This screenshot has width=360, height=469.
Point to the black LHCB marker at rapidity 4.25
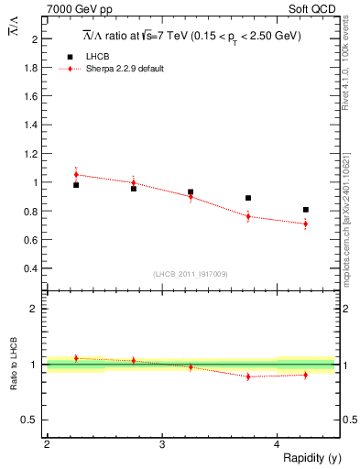click(x=305, y=210)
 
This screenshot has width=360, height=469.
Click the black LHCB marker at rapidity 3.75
click(x=248, y=198)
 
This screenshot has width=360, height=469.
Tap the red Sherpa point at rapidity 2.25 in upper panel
click(x=76, y=174)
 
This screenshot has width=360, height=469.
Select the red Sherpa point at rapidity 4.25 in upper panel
click(x=305, y=224)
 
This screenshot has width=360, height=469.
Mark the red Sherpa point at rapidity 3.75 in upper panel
click(x=248, y=216)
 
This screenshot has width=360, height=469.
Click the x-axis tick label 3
click(x=161, y=444)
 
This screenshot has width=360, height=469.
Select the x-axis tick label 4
click(x=277, y=444)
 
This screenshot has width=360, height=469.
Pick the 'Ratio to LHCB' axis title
click(x=13, y=365)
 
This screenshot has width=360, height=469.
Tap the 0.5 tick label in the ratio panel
click(x=29, y=420)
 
